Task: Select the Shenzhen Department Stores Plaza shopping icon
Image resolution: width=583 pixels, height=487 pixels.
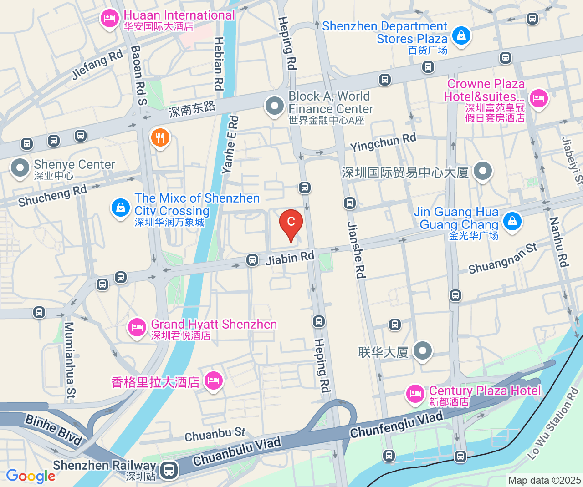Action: pyautogui.click(x=461, y=35)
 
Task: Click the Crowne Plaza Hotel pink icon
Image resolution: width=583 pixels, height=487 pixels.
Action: pyautogui.click(x=538, y=98)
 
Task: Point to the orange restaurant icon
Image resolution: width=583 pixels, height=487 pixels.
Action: pyautogui.click(x=160, y=137)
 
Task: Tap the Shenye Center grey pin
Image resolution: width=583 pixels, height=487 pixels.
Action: pyautogui.click(x=20, y=168)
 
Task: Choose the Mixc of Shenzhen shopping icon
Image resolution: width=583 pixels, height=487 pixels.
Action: pyautogui.click(x=121, y=208)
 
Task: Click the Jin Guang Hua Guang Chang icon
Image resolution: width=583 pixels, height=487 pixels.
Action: pyautogui.click(x=512, y=222)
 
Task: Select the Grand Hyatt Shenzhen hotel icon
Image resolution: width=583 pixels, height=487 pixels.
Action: pyautogui.click(x=137, y=327)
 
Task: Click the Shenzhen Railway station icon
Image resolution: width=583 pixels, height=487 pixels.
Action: pyautogui.click(x=169, y=469)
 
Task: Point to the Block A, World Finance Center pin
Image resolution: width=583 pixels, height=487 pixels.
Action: pyautogui.click(x=275, y=106)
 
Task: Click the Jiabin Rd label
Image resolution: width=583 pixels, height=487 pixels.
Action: pyautogui.click(x=290, y=258)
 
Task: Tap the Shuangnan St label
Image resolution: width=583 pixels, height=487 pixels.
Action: pyautogui.click(x=503, y=259)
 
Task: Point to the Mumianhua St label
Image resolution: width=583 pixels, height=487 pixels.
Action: pyautogui.click(x=70, y=360)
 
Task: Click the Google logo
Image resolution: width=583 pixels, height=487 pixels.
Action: pyautogui.click(x=31, y=476)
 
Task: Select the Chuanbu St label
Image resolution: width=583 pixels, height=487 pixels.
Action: pyautogui.click(x=215, y=434)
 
